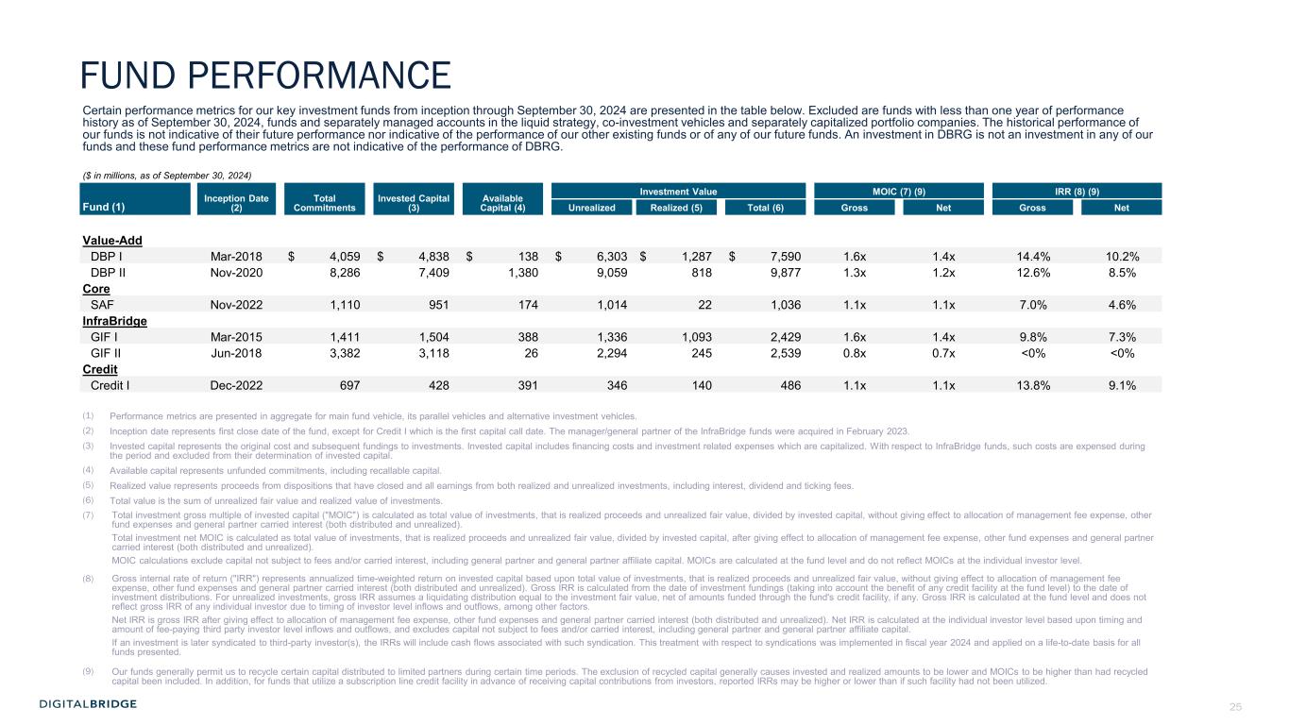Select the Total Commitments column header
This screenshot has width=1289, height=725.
coord(324,201)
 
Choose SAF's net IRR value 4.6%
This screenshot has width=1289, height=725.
coord(1122,305)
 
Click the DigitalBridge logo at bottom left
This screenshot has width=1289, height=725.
coord(88,704)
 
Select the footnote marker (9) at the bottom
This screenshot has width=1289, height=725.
coord(89,671)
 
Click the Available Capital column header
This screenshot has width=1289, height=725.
coord(503,201)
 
